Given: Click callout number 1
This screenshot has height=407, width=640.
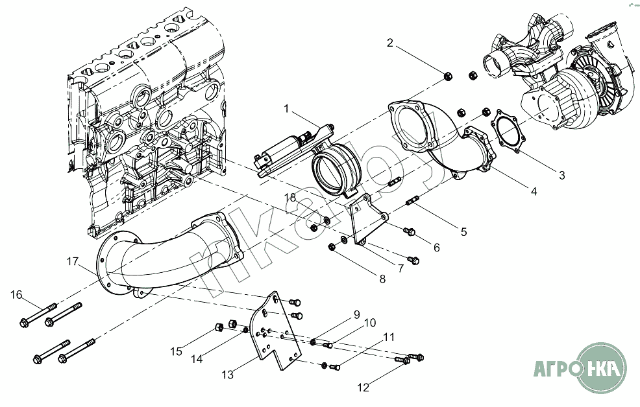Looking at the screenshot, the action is coord(286,109).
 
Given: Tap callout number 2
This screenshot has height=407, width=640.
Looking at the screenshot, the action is coord(390,42).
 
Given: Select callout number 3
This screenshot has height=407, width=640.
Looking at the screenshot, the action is coord(561,175).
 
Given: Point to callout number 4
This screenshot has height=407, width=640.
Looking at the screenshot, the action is coord(534,191).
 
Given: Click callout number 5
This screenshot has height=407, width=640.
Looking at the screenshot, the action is coord(463,232).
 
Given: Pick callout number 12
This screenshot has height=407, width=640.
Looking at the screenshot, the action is coord(363,388).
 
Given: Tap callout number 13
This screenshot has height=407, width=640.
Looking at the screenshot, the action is coord(227,375).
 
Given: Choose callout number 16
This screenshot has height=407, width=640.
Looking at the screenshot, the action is coord(16,294).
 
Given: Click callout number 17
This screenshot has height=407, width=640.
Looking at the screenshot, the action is coord(72,261).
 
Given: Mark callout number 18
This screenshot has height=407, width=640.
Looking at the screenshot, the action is coord(290,198).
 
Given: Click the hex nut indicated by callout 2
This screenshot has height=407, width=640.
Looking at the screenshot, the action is coord(447,75).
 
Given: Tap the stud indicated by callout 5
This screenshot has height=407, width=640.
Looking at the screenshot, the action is coord(411,201).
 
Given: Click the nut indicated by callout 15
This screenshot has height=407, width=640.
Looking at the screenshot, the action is coord(218,327).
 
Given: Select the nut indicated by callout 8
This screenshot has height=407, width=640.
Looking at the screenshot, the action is coord(332,246).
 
